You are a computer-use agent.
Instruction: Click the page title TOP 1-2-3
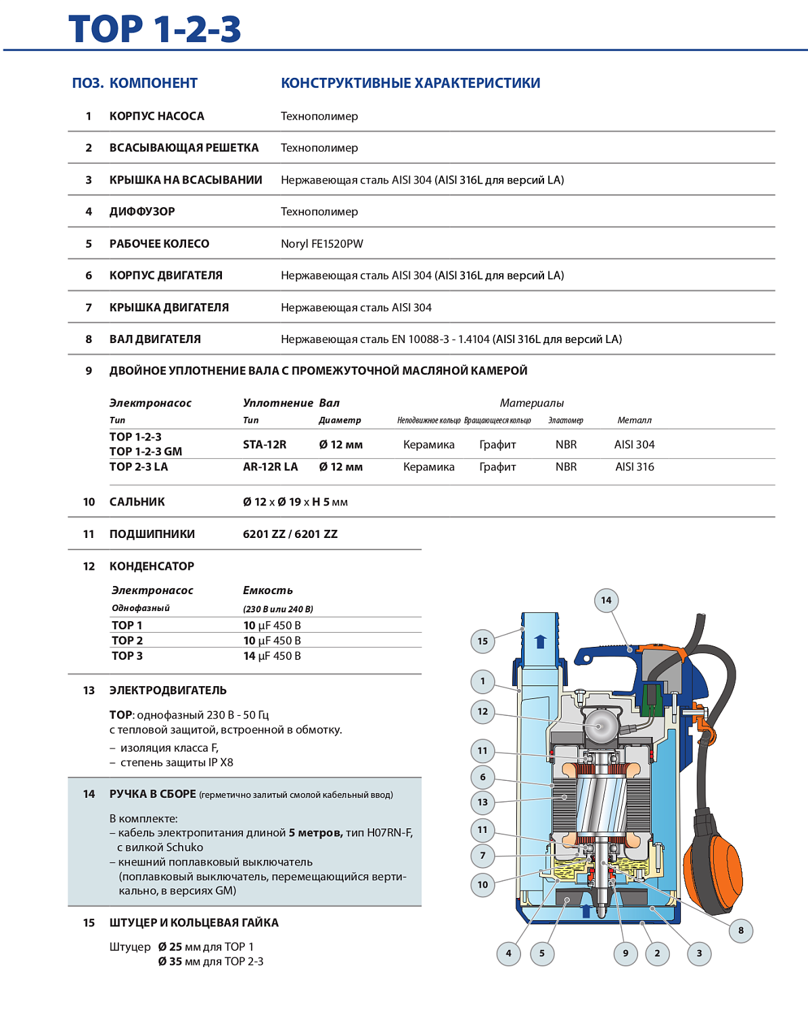click(x=155, y=29)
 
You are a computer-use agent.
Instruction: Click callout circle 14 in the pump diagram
click(x=606, y=600)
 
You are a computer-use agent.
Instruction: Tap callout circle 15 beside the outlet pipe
click(x=482, y=641)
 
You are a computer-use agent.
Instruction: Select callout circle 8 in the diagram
click(x=741, y=930)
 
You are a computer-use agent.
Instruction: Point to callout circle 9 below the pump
click(x=625, y=953)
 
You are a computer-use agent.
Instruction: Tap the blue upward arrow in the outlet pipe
click(x=540, y=641)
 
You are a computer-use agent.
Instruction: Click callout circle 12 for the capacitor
click(x=482, y=711)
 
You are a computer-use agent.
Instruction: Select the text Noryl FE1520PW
click(x=322, y=244)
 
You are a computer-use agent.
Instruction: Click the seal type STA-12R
click(x=265, y=445)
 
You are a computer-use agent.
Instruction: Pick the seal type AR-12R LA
click(x=270, y=467)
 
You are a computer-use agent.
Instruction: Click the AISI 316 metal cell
click(x=635, y=467)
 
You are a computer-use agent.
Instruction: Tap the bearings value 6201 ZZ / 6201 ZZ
click(x=290, y=534)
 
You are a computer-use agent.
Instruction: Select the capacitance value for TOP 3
click(x=272, y=656)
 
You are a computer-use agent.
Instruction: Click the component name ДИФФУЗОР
click(x=142, y=212)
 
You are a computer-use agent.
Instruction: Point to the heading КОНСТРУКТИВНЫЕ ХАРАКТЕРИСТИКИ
click(x=410, y=83)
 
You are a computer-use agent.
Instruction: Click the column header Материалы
click(x=532, y=403)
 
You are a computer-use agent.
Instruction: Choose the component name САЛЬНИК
click(x=137, y=502)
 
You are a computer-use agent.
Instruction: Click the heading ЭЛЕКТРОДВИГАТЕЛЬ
click(x=168, y=691)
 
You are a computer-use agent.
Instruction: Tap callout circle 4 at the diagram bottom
click(x=509, y=953)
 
